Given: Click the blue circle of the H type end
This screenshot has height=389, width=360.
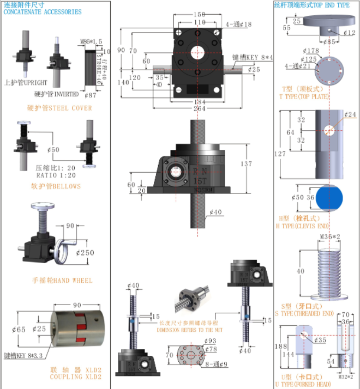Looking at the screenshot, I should pyautogui.click(x=331, y=198).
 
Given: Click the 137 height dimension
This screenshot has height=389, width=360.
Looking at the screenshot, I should pyautogui.click(x=248, y=163).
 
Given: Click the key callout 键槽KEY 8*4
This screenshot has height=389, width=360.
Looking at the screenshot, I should pyautogui.click(x=253, y=57).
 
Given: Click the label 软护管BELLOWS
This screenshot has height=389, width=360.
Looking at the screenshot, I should pyautogui.click(x=56, y=186).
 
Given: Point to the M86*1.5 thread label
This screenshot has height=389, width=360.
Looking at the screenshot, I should pyautogui.click(x=92, y=41).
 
